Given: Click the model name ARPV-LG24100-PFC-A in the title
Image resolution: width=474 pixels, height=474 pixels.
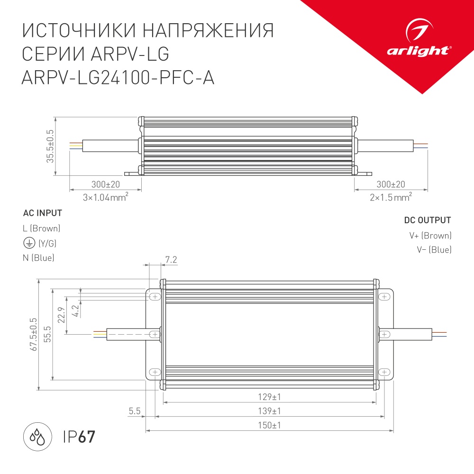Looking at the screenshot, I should pyautogui.click(x=118, y=77).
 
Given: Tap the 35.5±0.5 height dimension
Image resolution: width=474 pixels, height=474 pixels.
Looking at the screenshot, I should pyautogui.click(x=50, y=146).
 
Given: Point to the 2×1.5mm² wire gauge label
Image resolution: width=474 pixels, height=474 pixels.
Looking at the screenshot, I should pyautogui.click(x=391, y=197).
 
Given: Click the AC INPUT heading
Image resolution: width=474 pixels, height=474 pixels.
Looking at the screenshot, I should pyautogui.click(x=42, y=213).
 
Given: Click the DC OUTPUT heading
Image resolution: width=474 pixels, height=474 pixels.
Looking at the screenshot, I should pyautogui.click(x=427, y=220).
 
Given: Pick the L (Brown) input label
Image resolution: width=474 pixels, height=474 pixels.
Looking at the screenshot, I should pyautogui.click(x=42, y=228).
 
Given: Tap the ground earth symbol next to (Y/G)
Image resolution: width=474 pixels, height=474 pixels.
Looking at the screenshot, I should pyautogui.click(x=28, y=244).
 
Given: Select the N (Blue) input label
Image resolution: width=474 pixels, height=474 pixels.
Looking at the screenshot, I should pyautogui.click(x=38, y=258).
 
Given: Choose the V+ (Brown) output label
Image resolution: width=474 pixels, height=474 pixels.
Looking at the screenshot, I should pyautogui.click(x=430, y=236).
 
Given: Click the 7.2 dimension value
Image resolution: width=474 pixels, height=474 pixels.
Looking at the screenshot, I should pyautogui.click(x=171, y=259).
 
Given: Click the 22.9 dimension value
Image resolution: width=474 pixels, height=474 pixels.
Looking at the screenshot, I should pyautogui.click(x=60, y=315).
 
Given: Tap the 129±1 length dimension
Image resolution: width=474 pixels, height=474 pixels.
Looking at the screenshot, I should pyautogui.click(x=269, y=397).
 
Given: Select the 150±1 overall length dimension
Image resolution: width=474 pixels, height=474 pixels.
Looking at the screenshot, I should pyautogui.click(x=269, y=425).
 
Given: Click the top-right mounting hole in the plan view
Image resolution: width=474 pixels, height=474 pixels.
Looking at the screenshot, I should pyautogui.click(x=384, y=297).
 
